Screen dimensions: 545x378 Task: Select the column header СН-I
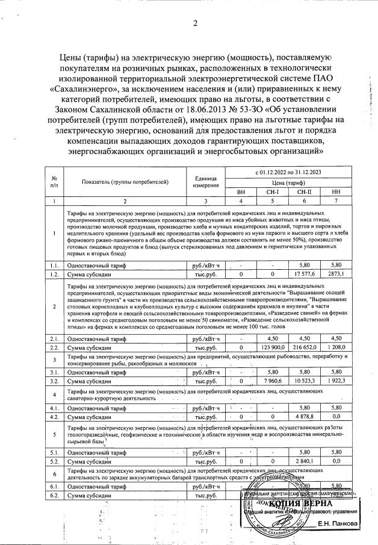coord(272,192)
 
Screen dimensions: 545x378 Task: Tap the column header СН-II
coord(304,192)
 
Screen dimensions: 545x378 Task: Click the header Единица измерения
coord(205,182)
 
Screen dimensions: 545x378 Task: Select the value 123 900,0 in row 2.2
coord(272,347)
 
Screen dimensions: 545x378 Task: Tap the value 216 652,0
coord(304,347)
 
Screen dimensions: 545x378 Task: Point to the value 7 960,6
coord(272,381)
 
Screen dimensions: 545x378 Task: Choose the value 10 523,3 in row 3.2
coord(304,381)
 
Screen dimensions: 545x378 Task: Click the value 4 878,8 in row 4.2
coord(304,416)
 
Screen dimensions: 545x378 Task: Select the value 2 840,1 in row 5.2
coord(304,461)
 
